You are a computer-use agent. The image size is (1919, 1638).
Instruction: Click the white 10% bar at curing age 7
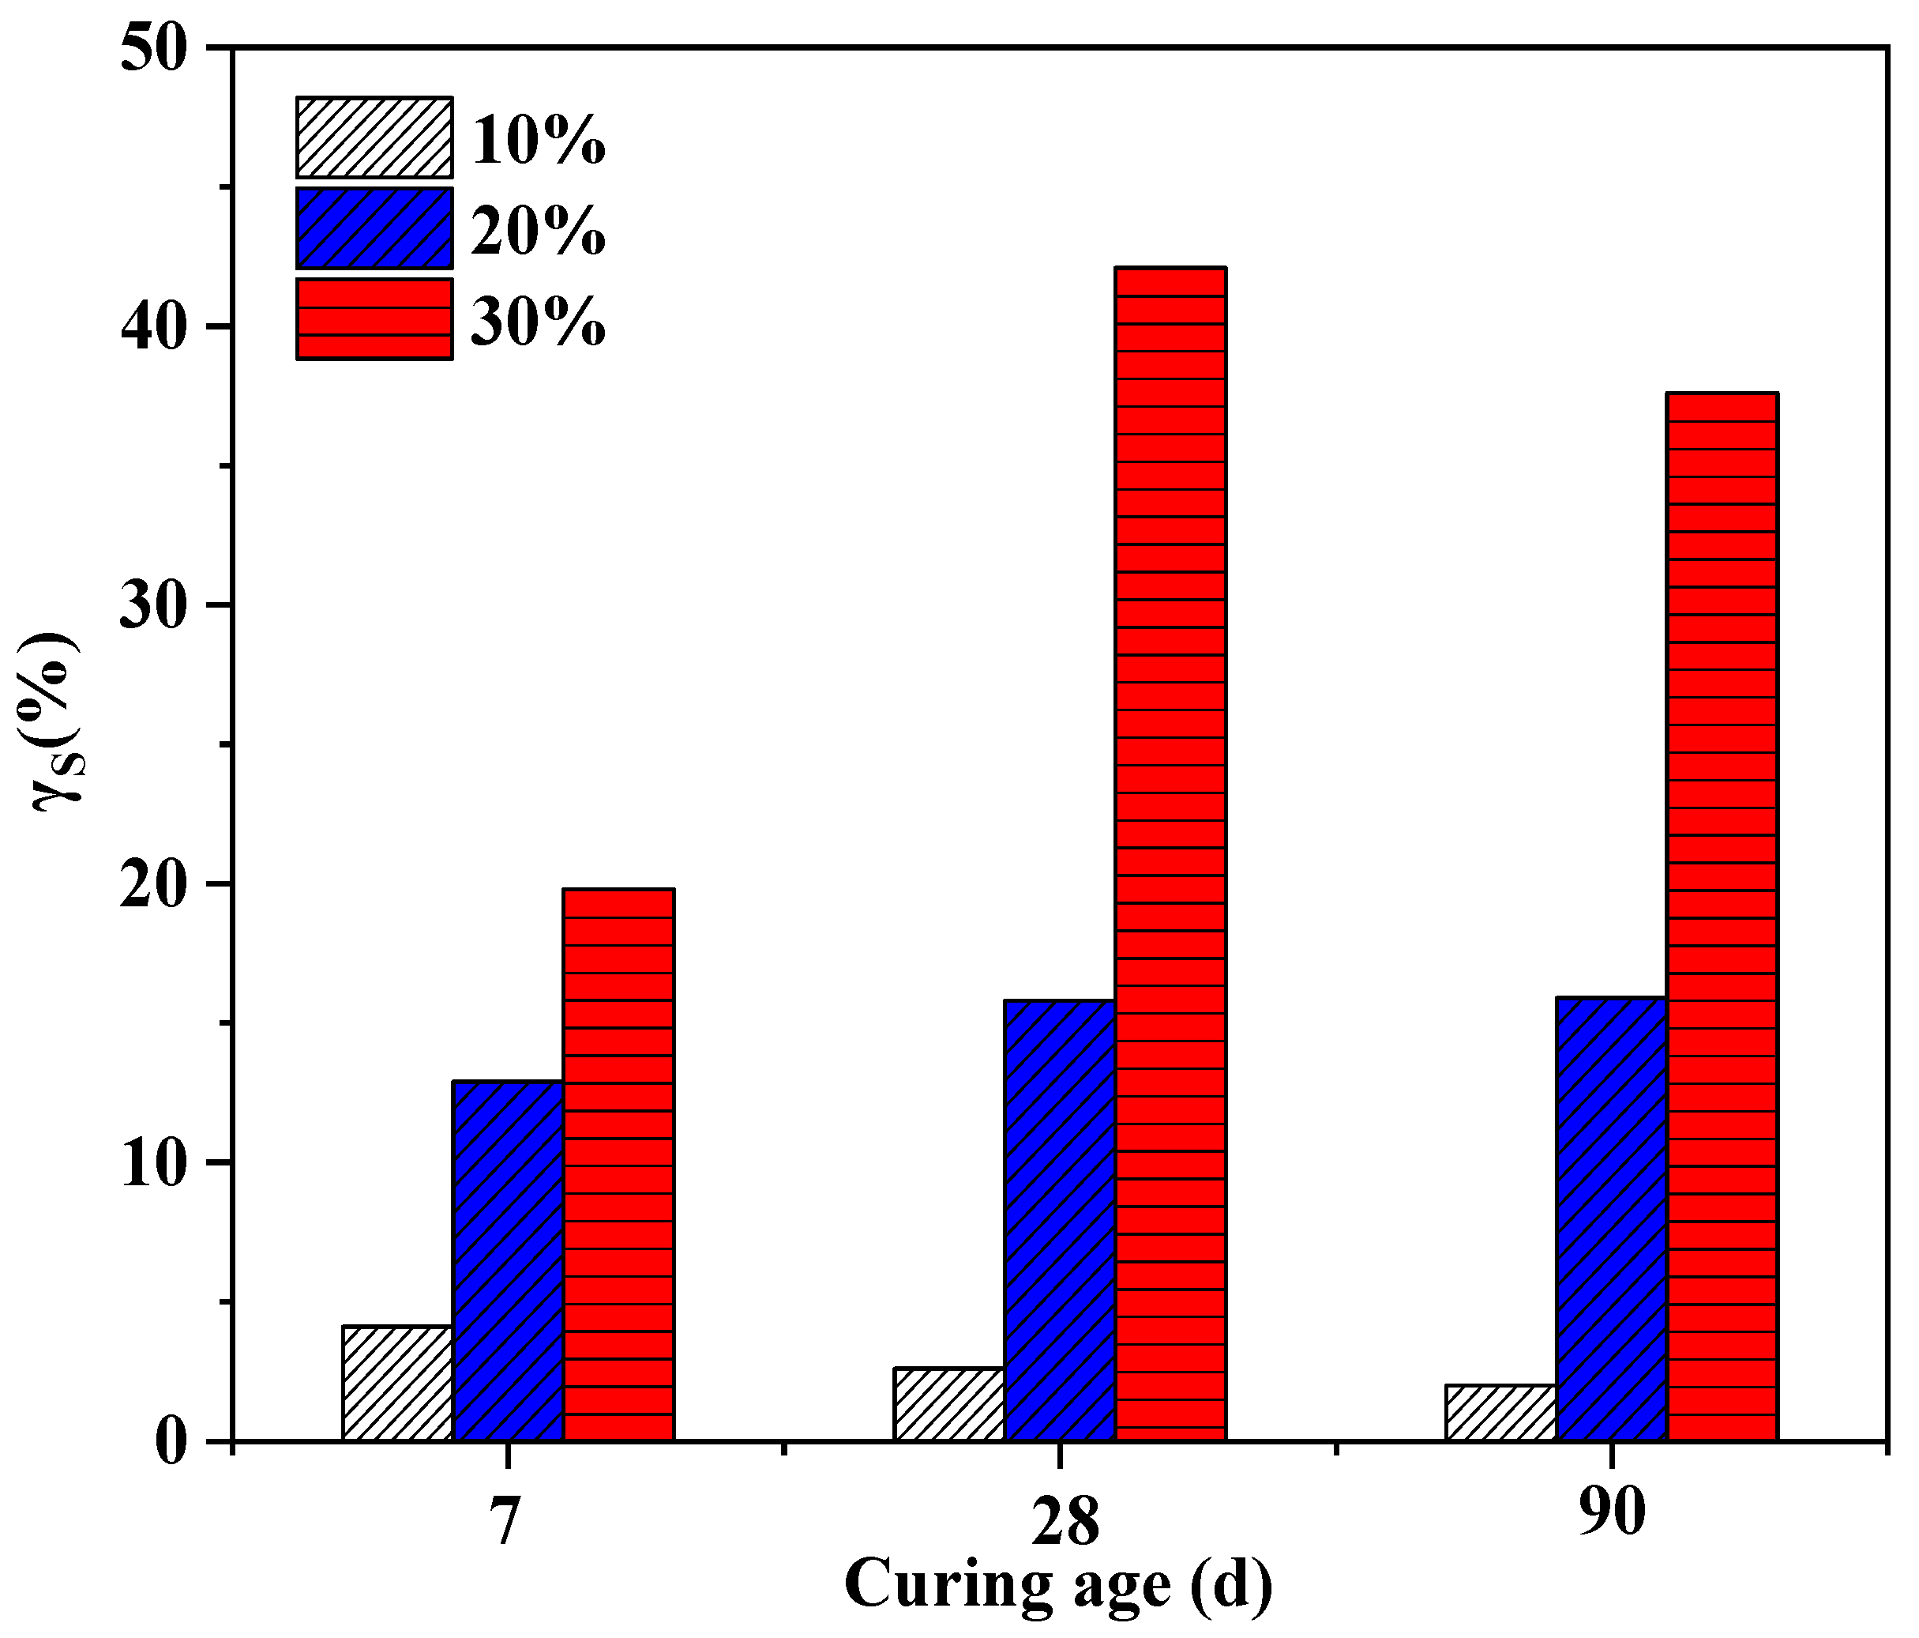pos(396,1384)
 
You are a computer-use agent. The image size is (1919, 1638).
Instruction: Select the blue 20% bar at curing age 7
pos(508,1260)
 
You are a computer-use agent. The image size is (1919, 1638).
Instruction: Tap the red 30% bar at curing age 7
pos(618,1165)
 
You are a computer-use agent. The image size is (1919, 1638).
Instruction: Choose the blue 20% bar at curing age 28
pos(1060,1220)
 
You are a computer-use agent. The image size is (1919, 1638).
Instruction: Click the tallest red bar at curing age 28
pos(1170,853)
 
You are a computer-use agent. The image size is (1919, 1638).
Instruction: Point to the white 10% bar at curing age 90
pos(1500,1412)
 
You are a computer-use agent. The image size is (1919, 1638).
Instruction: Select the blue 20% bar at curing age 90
pos(1612,1218)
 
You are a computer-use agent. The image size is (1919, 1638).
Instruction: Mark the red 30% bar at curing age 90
pos(1722,917)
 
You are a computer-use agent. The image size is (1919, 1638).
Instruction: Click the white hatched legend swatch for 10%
pos(374,137)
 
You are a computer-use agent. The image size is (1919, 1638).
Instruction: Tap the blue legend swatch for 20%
pos(374,228)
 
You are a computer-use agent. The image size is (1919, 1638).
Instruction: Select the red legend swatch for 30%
pos(374,318)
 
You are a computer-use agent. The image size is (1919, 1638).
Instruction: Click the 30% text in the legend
pos(538,322)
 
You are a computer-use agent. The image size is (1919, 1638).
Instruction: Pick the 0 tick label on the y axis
pos(171,1443)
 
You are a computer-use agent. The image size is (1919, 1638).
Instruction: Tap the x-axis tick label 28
pos(1065,1522)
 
